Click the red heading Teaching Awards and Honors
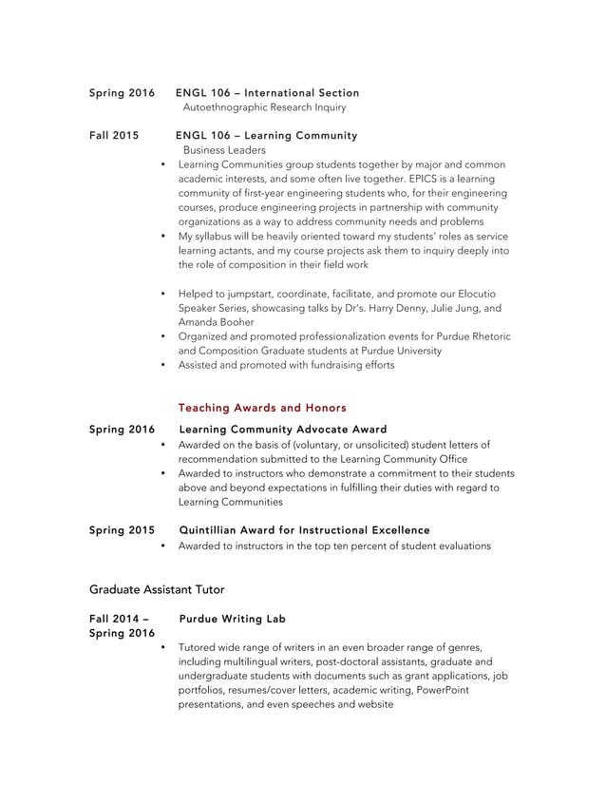coord(262,408)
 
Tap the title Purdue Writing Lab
coord(232,619)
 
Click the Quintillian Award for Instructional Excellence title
coord(304,529)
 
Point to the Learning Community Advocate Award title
coord(282,430)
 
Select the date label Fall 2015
coord(114,135)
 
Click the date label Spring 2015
coord(122,529)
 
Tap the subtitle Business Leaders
coord(224,150)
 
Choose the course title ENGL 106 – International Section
coord(267,92)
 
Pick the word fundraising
coord(327,364)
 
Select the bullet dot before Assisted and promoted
coord(164,364)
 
